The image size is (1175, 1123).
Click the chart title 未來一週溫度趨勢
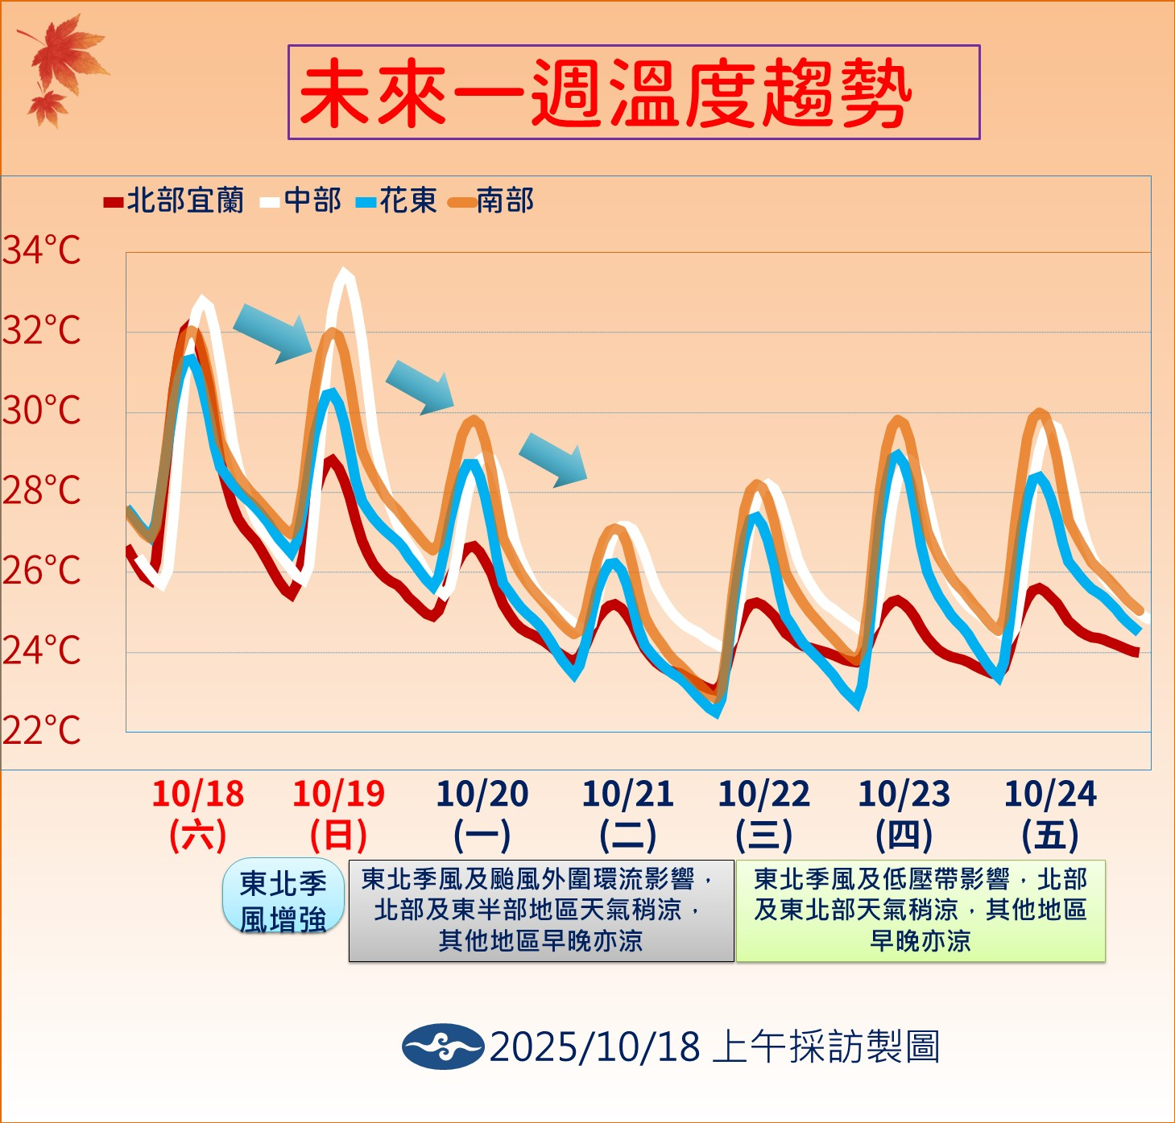634,93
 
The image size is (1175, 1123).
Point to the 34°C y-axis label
42,250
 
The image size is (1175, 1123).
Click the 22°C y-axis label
42,730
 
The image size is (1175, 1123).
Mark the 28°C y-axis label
42,490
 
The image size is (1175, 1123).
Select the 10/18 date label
198,795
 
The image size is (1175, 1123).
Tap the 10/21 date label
628,795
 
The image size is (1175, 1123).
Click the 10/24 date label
1050,795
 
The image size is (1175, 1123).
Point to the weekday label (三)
763,835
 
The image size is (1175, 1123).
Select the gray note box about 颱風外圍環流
540,910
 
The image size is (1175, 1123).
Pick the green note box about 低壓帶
921,910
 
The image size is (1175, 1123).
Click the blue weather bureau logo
442,1047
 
